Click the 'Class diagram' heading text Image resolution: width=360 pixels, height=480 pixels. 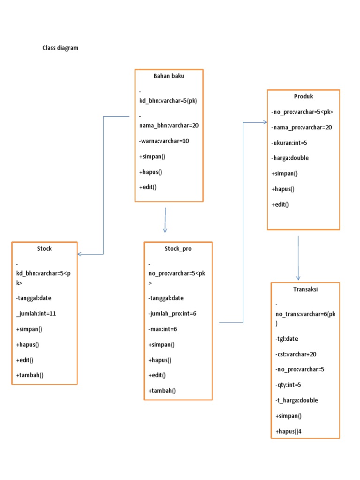[60, 48]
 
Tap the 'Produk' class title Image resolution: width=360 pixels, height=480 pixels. [303, 97]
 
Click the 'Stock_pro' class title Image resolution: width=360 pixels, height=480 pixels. [178, 249]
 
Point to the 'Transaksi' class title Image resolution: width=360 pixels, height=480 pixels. [306, 289]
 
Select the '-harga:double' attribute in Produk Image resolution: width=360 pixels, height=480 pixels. [290, 158]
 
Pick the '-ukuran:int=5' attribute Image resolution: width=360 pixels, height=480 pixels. [289, 142]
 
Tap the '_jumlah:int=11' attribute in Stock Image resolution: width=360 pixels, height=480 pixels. [36, 314]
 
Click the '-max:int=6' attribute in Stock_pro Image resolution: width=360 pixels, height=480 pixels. [163, 329]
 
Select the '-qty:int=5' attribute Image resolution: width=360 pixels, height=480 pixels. [288, 385]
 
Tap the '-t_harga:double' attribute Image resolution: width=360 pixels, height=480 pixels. [297, 400]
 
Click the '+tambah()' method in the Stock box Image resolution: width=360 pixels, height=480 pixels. [30, 375]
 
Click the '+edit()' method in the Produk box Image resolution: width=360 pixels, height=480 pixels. [280, 204]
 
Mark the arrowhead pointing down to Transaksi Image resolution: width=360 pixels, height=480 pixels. [298, 278]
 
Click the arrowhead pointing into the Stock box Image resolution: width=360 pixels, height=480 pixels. [80, 254]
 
